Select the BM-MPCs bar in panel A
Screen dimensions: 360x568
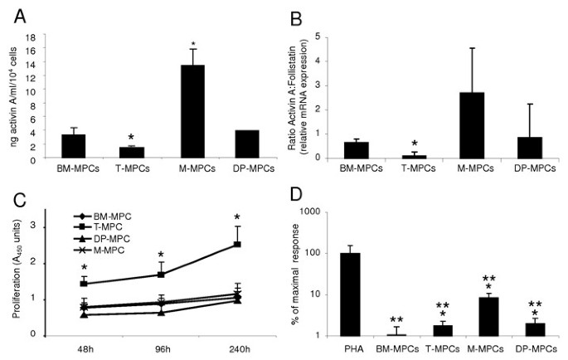(74, 146)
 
